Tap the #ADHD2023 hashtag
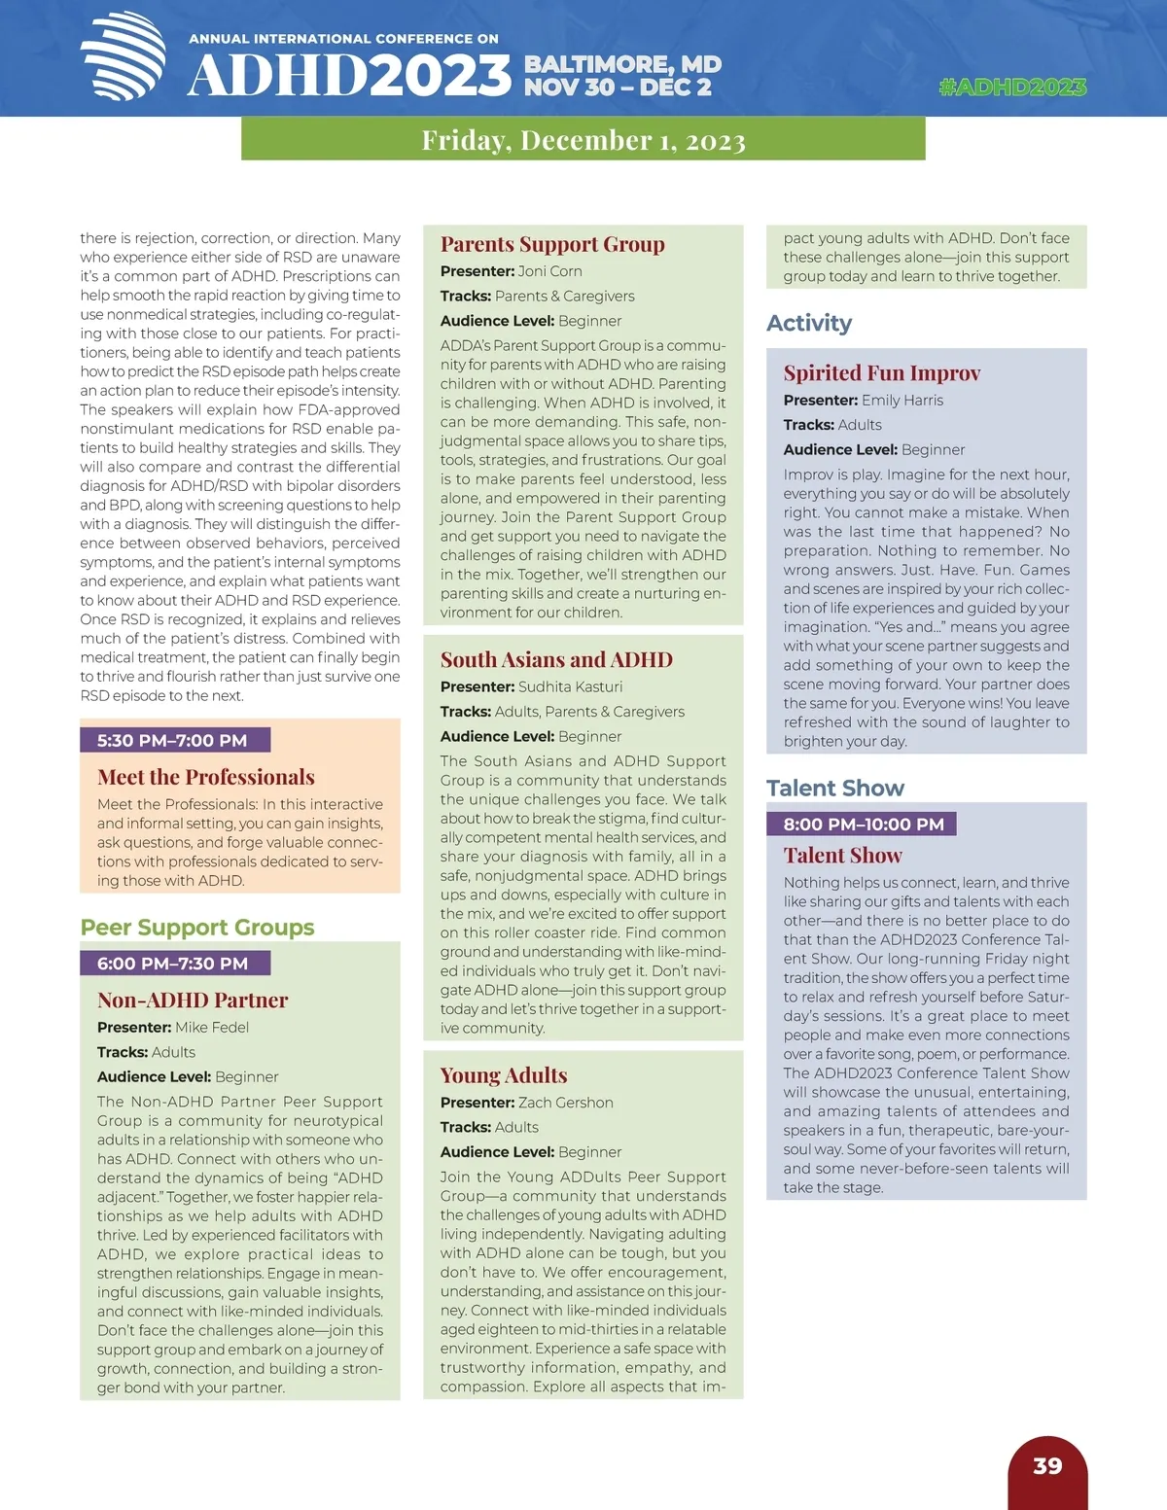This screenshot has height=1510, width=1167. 1012,88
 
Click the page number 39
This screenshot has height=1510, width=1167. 1047,1466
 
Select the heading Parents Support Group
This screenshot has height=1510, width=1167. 552,244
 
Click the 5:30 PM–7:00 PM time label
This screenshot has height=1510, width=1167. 172,741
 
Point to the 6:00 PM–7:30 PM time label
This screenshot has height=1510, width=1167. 172,964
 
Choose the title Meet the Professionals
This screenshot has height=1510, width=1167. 206,777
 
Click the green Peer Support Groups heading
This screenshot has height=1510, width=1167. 197,928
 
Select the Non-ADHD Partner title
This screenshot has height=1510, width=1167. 193,1001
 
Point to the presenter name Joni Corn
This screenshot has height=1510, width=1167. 550,271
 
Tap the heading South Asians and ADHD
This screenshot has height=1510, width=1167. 556,660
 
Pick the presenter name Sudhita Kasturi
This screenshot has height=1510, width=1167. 570,686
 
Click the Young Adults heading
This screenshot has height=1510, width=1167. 504,1075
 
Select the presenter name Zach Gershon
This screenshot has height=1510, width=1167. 566,1103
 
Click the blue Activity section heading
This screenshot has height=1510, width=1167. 809,323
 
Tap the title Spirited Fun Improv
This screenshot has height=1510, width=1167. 882,373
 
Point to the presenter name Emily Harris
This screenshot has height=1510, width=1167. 902,400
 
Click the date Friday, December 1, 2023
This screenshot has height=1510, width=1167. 583,140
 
